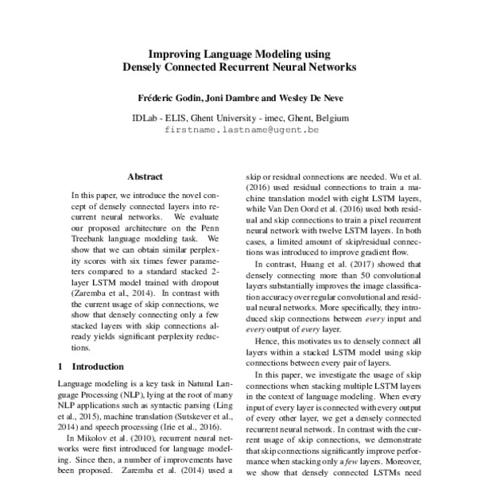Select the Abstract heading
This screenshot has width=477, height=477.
[x=145, y=176]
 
